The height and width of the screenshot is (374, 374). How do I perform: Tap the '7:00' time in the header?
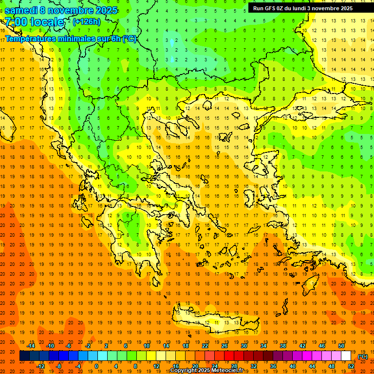point(16,21)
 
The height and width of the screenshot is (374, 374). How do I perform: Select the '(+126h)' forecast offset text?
point(86,21)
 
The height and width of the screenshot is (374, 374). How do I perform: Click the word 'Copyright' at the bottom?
point(183,371)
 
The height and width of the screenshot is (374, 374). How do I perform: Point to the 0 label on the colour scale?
point(96,366)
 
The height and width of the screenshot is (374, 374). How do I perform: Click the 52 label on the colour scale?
point(351,366)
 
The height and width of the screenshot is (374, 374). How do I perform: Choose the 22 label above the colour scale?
point(205,346)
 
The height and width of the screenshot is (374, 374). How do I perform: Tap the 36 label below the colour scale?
point(273,366)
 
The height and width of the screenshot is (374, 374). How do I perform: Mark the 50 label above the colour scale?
point(341,346)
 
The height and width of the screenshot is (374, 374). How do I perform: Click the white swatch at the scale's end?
point(346,356)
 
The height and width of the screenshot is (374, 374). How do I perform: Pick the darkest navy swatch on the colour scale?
point(24,356)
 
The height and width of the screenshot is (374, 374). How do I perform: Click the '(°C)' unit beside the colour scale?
point(362,356)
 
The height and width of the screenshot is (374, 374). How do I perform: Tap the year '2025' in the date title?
point(106,10)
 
